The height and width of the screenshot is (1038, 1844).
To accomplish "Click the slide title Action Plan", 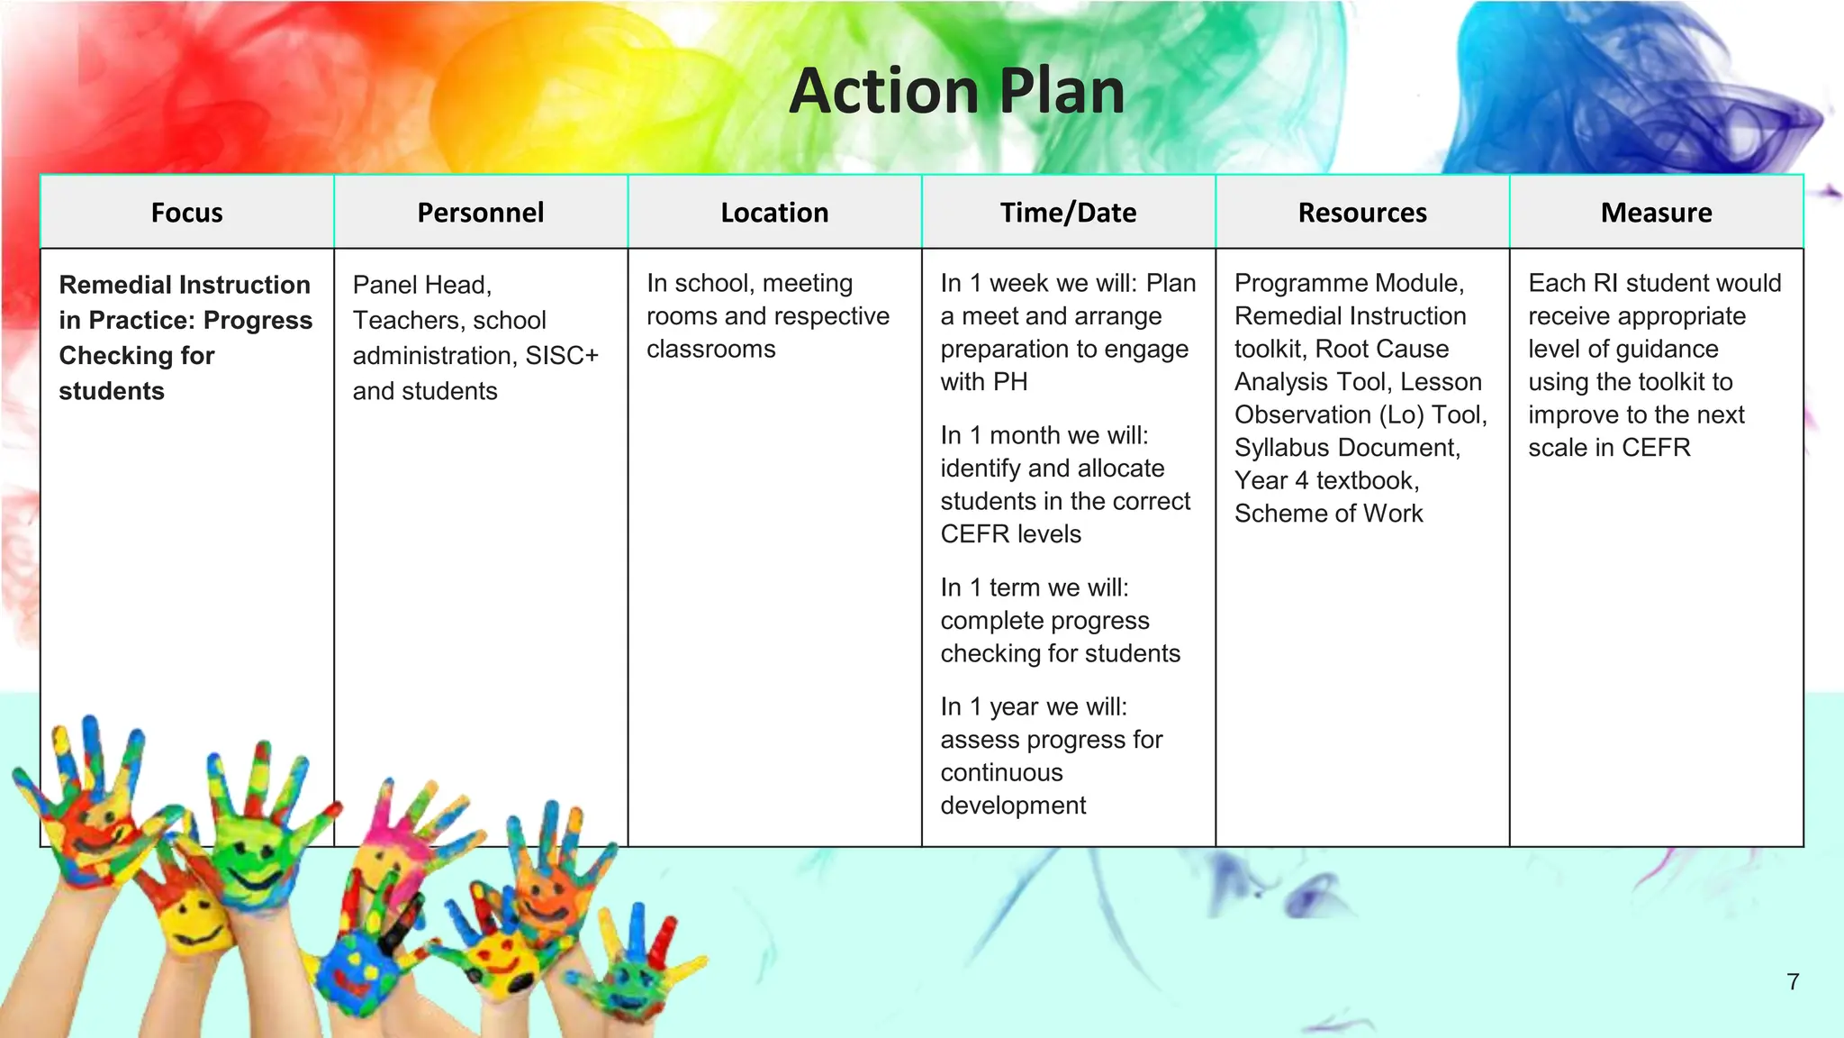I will point(956,92).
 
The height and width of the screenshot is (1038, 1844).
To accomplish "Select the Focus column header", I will point(186,213).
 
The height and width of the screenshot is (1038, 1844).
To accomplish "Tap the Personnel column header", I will point(480,213).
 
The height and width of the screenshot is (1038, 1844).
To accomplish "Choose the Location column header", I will point(774,213).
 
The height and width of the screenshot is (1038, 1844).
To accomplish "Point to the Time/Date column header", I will point(1068,213).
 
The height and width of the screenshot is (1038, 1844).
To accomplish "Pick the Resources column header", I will point(1362,213).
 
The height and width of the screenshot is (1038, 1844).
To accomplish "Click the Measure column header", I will point(1656,213).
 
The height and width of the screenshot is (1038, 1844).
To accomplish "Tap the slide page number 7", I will point(1793,981).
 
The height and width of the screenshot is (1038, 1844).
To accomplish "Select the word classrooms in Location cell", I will point(710,349).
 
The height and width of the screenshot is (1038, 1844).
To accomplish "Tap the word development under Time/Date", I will point(1013,806).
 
